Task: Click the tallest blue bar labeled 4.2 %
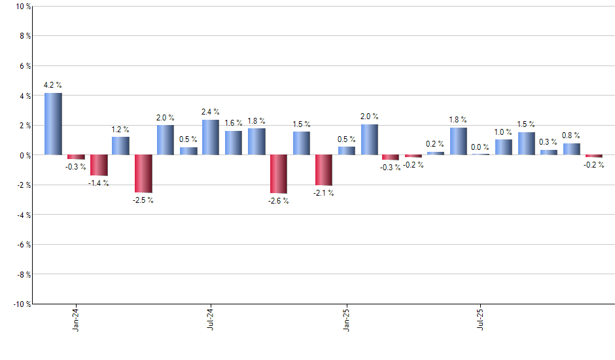(53, 124)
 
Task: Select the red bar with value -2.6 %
(279, 174)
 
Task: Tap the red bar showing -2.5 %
(143, 173)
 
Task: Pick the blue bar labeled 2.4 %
(211, 137)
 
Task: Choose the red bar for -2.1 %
(324, 170)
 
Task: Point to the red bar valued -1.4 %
(99, 165)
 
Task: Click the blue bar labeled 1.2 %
(120, 146)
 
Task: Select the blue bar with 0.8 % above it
(572, 149)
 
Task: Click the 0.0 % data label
(481, 147)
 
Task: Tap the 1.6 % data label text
(234, 122)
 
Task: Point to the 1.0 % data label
(503, 132)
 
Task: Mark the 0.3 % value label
(548, 142)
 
